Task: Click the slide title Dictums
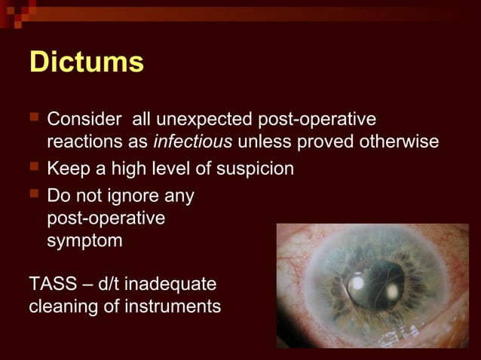click(x=86, y=63)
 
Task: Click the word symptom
click(x=82, y=241)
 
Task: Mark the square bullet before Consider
click(x=33, y=119)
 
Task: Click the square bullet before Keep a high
click(x=33, y=168)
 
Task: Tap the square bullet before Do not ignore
click(x=33, y=196)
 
